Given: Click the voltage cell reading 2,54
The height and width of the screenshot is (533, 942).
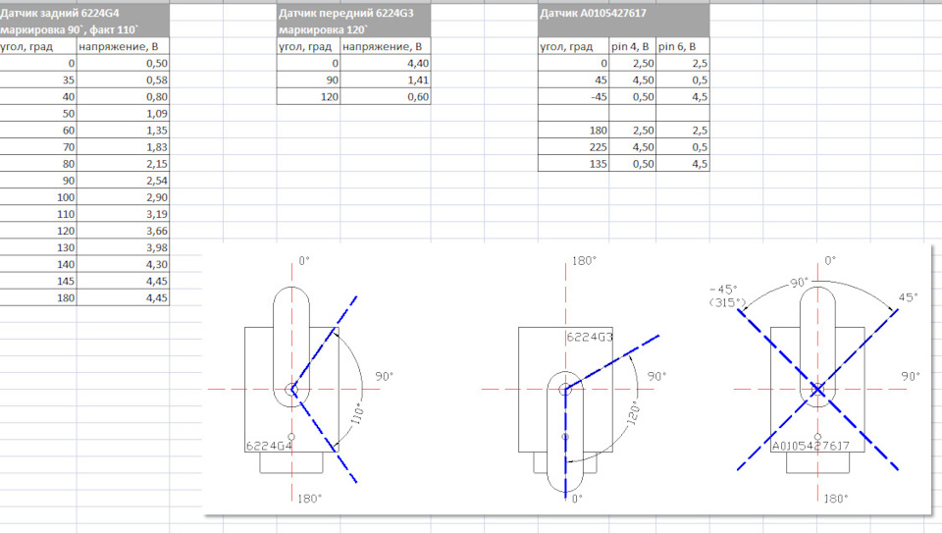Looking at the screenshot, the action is coord(156,181).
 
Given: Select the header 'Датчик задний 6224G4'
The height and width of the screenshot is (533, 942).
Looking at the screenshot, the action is coord(60,13).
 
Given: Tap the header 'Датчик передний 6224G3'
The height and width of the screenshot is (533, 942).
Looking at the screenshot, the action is coord(346,13).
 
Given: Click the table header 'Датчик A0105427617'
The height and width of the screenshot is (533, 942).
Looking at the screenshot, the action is coord(593,13).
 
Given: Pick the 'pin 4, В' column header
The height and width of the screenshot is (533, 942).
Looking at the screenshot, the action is coord(630,46).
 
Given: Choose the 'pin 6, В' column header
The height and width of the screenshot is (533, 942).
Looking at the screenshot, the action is coord(677,46).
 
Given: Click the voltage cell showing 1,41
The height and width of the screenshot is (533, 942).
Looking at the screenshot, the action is coord(418,80).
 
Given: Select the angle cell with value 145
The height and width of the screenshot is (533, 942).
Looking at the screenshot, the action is coord(66,281).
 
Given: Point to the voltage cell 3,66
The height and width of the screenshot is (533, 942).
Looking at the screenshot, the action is coord(156,232).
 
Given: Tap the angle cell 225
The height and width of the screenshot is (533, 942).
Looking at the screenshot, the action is coord(598,147).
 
